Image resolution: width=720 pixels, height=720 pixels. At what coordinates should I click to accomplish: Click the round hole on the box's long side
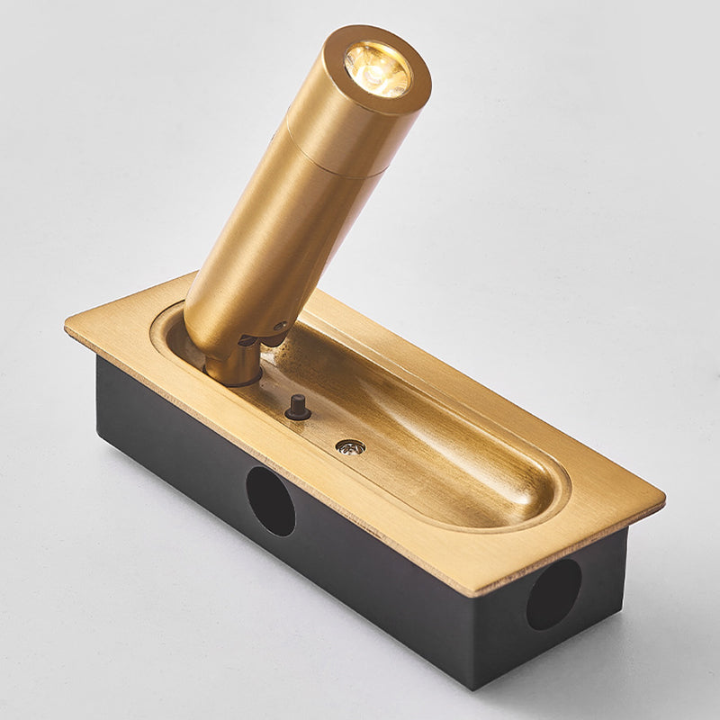[270, 501]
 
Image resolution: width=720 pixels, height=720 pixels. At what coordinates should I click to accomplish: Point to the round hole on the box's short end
[553, 594]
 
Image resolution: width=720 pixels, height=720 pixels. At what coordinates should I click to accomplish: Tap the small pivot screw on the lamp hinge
[281, 328]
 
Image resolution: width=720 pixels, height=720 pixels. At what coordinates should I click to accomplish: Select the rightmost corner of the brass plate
[664, 495]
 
